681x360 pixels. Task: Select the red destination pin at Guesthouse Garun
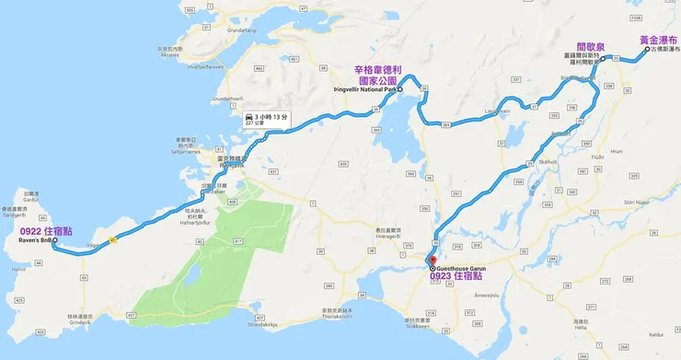433,261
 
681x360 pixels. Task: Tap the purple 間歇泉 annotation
590,46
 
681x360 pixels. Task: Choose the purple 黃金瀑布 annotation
659,41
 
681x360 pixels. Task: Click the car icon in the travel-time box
250,118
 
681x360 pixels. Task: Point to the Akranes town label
170,54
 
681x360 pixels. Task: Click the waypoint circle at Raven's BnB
55,241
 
